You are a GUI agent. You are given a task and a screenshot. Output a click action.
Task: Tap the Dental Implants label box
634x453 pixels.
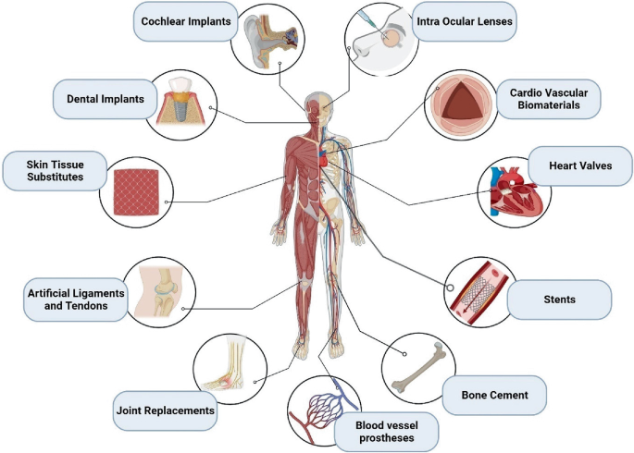[104, 97]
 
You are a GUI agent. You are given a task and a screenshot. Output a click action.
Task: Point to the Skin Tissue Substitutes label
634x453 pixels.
[47, 170]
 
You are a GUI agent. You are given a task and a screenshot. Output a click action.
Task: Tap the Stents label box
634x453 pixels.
[560, 300]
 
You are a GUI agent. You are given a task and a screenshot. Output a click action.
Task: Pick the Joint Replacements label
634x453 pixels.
[165, 409]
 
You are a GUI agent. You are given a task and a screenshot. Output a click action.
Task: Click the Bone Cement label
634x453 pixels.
[494, 395]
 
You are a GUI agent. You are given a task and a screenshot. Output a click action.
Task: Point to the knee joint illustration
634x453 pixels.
[164, 291]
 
